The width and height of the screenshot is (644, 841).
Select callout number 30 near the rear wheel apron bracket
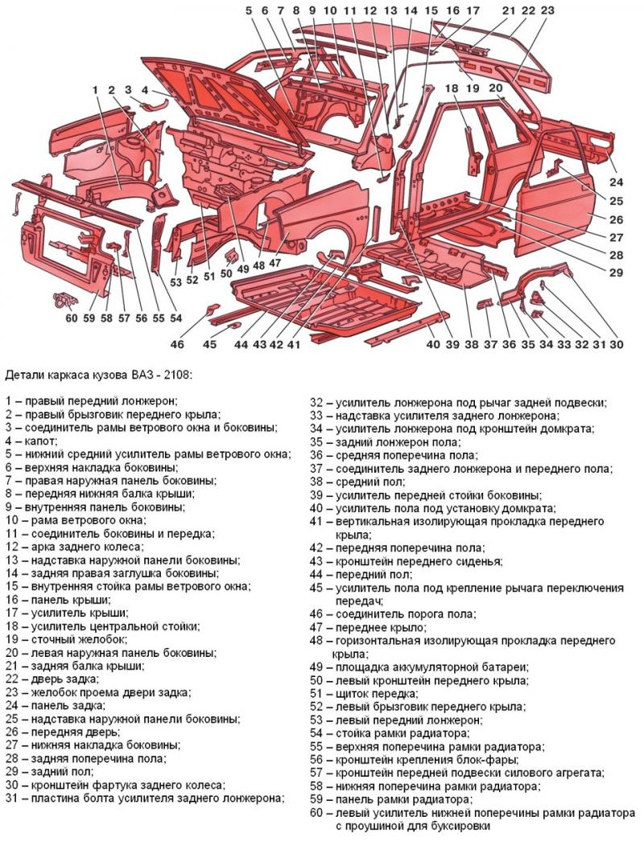pyautogui.click(x=616, y=345)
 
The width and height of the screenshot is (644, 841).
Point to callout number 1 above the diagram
pyautogui.click(x=95, y=89)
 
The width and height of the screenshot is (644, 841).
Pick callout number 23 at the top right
pyautogui.click(x=547, y=11)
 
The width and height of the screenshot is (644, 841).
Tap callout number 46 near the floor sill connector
pyautogui.click(x=177, y=344)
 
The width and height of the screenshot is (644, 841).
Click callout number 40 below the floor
pyautogui.click(x=433, y=345)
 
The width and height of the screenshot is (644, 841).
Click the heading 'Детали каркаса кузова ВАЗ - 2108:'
pyautogui.click(x=99, y=375)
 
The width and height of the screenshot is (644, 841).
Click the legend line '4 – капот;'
pyautogui.click(x=31, y=441)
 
